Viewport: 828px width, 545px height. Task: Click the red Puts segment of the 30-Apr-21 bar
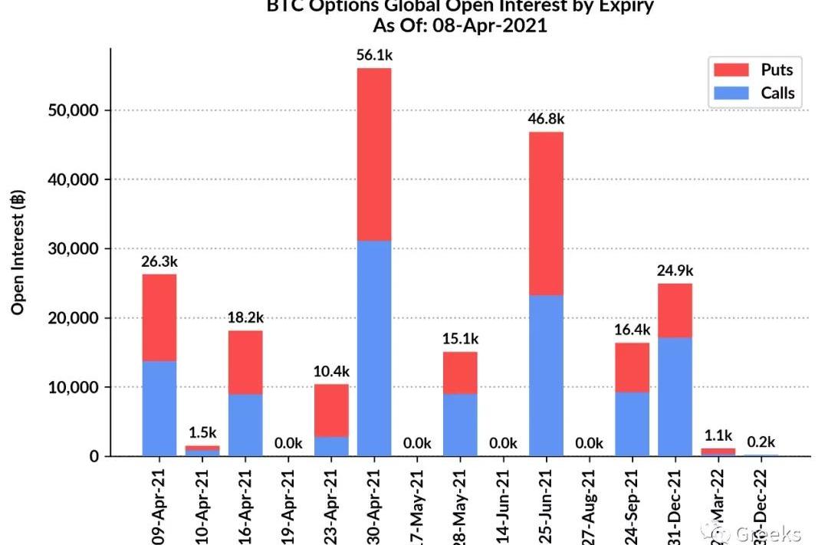click(374, 154)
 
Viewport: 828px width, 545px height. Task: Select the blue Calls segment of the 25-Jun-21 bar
click(546, 376)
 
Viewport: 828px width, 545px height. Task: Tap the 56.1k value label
click(374, 55)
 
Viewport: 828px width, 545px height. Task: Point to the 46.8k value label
click(546, 119)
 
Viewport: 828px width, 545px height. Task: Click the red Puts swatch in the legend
click(731, 70)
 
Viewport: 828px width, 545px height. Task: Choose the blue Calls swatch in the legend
click(731, 94)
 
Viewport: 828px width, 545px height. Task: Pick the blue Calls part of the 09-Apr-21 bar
click(159, 409)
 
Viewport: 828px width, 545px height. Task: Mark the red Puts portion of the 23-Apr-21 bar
click(331, 410)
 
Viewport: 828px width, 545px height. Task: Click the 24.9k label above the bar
click(675, 271)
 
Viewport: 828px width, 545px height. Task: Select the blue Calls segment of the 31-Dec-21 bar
click(675, 396)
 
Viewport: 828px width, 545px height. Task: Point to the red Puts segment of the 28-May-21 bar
click(460, 373)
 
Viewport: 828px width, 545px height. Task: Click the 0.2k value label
click(761, 442)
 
